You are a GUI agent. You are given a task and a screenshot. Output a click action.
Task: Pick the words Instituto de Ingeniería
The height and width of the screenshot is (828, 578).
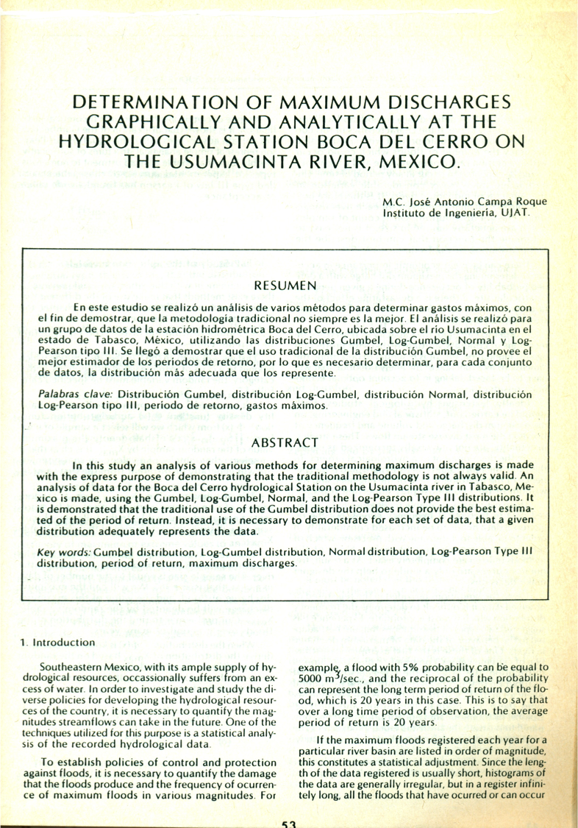click(427, 213)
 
